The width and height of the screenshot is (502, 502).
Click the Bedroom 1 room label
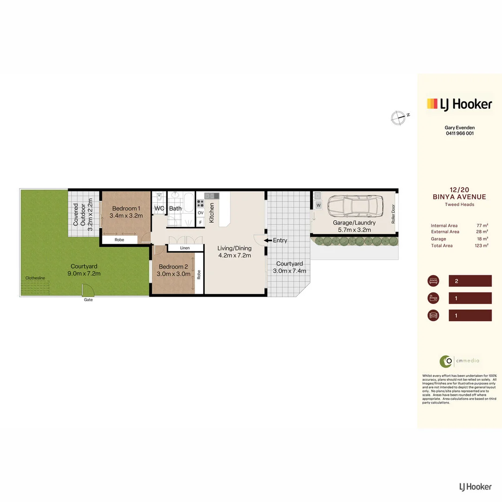(126, 208)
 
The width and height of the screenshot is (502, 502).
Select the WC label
(159, 208)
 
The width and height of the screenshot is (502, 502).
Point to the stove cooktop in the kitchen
(201, 203)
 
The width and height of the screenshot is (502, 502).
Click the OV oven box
(201, 213)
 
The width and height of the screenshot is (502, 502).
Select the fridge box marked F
(201, 222)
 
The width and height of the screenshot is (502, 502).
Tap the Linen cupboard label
(185, 248)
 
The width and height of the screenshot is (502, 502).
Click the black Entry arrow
(268, 240)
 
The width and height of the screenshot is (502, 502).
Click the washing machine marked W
(318, 205)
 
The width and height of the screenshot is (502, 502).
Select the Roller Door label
(393, 214)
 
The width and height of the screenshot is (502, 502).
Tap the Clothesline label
(35, 277)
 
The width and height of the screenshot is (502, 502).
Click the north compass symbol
(397, 118)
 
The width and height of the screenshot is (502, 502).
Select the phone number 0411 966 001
(459, 133)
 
